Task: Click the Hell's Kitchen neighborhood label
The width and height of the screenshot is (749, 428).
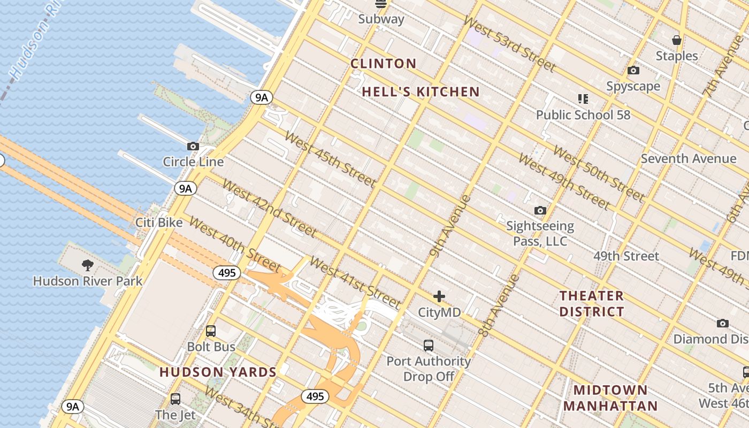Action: tap(421, 92)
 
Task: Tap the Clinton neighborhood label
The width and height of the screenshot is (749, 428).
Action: tap(383, 64)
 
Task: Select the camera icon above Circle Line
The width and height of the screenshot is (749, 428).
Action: tap(193, 146)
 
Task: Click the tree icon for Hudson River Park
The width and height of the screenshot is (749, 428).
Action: tap(88, 265)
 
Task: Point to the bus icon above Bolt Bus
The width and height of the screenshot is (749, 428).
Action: tap(211, 331)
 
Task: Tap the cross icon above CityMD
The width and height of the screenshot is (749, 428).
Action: tap(439, 296)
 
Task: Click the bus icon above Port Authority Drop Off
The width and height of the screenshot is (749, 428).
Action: tap(429, 346)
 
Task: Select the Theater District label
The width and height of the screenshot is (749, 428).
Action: tap(592, 303)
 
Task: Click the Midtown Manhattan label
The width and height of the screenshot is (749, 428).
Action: tap(610, 398)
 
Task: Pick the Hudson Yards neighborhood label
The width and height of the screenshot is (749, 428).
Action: tap(218, 372)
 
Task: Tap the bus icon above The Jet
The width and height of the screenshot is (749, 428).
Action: tap(175, 399)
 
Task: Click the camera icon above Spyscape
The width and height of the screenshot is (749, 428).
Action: tap(633, 71)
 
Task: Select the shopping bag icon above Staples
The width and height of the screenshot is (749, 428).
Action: tap(677, 40)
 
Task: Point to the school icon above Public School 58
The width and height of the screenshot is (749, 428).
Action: tap(583, 99)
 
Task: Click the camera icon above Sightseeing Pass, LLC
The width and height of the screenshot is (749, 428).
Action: tap(540, 211)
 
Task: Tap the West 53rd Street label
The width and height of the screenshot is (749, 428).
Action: tap(509, 44)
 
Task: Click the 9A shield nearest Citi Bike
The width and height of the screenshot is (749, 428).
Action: tap(185, 188)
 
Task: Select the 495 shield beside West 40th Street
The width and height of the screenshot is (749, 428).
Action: tap(227, 273)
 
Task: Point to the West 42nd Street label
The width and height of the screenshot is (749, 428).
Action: tap(269, 209)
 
